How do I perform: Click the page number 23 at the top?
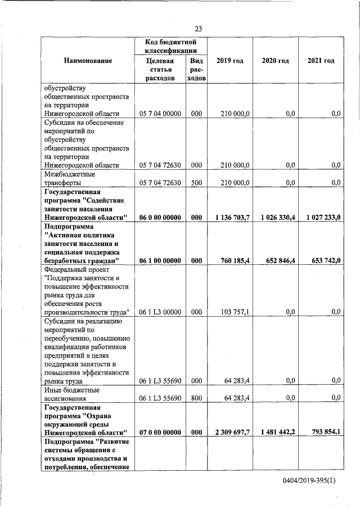[199, 29]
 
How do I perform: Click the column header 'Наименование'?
[88, 61]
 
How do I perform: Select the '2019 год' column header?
[229, 61]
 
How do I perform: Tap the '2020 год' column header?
[275, 61]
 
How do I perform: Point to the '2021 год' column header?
[321, 61]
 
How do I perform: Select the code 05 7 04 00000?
[160, 114]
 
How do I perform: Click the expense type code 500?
[196, 183]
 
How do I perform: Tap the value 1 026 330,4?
[275, 218]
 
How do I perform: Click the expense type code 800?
[196, 398]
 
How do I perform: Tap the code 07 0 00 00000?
[160, 433]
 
